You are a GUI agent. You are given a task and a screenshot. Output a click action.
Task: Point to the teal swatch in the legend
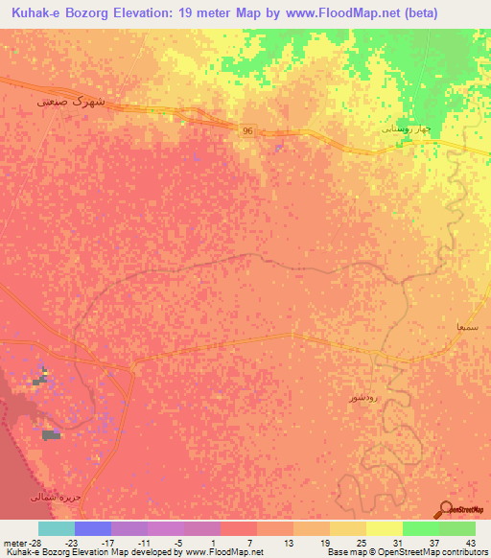pyautogui.click(x=57, y=528)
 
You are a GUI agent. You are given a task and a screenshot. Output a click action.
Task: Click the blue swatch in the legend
pyautogui.click(x=93, y=528)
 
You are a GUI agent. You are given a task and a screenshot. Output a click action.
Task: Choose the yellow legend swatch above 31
pyautogui.click(x=384, y=528)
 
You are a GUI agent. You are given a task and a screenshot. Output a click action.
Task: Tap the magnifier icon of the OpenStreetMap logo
pyautogui.click(x=446, y=510)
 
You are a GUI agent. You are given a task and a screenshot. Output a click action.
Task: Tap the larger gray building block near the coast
pyautogui.click(x=51, y=435)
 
